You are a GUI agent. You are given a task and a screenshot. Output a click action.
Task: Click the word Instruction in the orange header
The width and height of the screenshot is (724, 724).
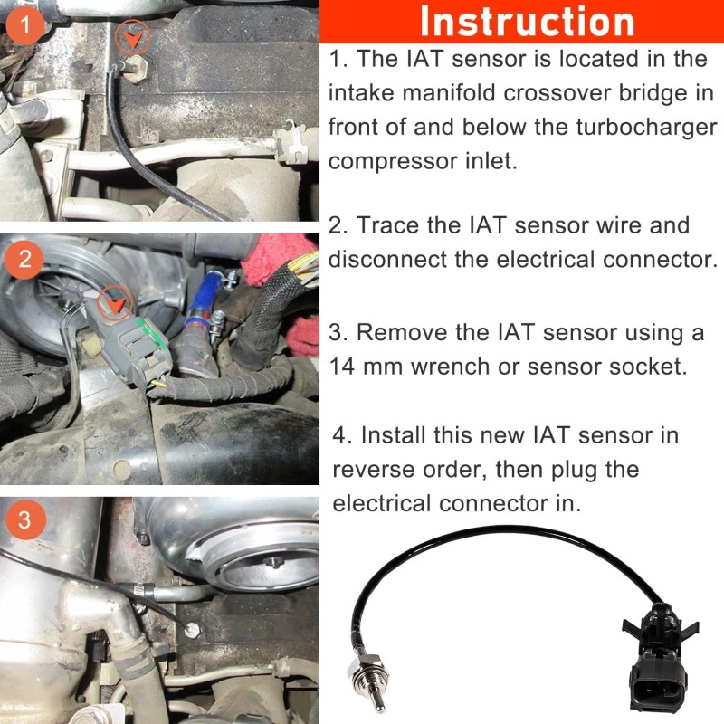(528, 22)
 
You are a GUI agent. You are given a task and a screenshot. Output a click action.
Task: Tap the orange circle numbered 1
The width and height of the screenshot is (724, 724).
(24, 24)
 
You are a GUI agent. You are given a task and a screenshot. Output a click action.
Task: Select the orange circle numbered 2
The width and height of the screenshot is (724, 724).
(24, 259)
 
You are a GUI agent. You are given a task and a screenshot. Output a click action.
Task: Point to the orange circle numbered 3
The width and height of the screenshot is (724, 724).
(26, 519)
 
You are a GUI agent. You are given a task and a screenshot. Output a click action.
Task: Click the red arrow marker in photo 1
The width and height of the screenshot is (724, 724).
(133, 39)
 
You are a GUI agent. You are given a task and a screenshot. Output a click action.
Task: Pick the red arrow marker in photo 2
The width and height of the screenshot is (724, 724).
(115, 303)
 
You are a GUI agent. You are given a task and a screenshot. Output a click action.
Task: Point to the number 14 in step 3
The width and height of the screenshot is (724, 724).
(343, 367)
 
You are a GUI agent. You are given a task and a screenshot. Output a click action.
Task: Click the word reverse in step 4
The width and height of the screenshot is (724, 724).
(374, 470)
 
